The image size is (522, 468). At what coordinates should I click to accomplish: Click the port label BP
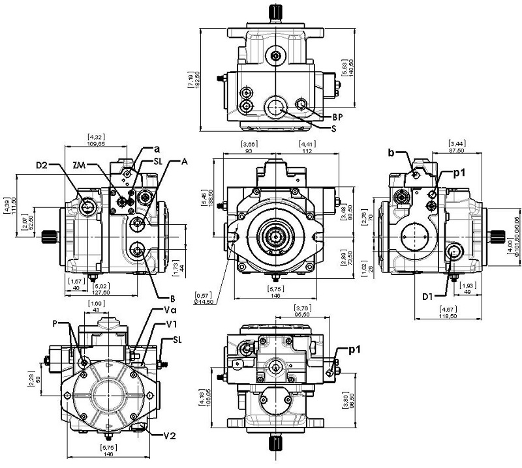click(337, 117)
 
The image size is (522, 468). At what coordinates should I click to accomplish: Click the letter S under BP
click(334, 128)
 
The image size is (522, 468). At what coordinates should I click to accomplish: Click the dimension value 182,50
click(194, 77)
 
